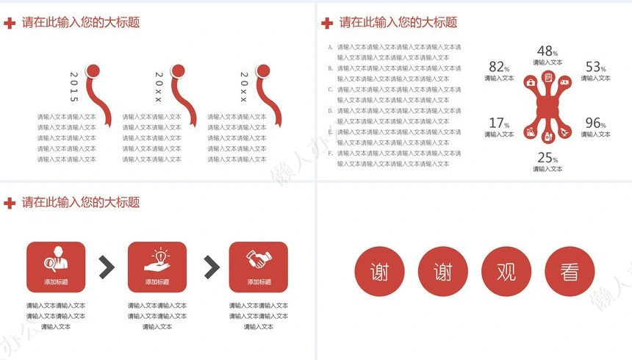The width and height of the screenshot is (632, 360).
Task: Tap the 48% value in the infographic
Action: [x=547, y=51]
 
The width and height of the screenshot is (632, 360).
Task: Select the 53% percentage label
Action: [x=595, y=67]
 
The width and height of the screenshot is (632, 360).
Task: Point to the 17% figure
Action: [x=499, y=123]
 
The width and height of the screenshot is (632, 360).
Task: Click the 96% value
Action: [x=595, y=123]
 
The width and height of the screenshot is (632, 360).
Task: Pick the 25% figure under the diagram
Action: [x=547, y=157]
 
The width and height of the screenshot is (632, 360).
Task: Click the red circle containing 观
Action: [x=506, y=273]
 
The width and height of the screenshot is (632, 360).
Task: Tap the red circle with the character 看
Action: [x=570, y=273]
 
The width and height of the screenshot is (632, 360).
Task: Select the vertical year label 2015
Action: [x=73, y=86]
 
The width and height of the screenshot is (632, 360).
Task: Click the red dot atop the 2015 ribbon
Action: [x=93, y=71]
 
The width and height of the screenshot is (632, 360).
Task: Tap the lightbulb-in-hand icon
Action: [x=157, y=258]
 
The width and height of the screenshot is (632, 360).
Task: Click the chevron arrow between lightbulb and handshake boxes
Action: [x=212, y=267]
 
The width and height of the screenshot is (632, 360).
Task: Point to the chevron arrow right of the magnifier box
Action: [x=107, y=267]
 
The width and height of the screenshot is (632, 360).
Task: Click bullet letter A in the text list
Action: [x=330, y=47]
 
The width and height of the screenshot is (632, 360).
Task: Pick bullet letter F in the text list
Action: [x=330, y=154]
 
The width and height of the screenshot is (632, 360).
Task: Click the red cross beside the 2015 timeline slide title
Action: [x=10, y=24]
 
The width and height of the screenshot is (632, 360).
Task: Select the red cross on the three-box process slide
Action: [x=10, y=203]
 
